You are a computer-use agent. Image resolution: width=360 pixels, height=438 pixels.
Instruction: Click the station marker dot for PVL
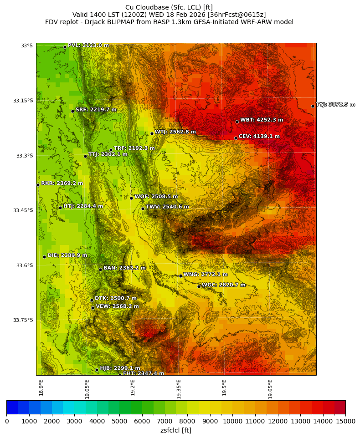click(65, 47)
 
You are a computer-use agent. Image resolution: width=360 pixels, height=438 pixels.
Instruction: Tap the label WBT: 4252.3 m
click(262, 120)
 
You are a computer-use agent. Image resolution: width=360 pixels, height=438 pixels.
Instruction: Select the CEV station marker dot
click(236, 138)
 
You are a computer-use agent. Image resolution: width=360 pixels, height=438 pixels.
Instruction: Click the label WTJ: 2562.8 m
click(175, 132)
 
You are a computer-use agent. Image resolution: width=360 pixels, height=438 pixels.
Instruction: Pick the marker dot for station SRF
click(72, 111)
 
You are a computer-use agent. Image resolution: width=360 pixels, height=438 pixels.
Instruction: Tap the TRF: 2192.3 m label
click(134, 148)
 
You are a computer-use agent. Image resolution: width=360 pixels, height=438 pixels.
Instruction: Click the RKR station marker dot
click(38, 185)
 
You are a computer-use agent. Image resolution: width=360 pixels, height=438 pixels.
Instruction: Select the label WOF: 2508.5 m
click(156, 197)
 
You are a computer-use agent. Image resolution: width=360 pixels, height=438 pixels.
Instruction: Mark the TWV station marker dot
click(143, 209)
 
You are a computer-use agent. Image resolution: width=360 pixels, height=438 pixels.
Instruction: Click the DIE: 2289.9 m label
click(67, 255)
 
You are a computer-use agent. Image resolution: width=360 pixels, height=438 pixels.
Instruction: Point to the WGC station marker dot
click(199, 286)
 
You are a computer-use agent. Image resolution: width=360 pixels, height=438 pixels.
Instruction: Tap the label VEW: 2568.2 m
click(117, 306)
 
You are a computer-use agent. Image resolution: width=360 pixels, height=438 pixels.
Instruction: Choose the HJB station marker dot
click(97, 370)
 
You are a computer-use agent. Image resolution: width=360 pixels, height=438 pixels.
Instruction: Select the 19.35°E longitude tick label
click(179, 389)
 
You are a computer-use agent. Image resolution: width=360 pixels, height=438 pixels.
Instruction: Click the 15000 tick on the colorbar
click(345, 422)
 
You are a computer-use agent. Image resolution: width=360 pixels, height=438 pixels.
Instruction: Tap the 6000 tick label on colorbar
click(142, 422)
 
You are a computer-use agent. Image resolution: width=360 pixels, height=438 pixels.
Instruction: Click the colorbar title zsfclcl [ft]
click(176, 430)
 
